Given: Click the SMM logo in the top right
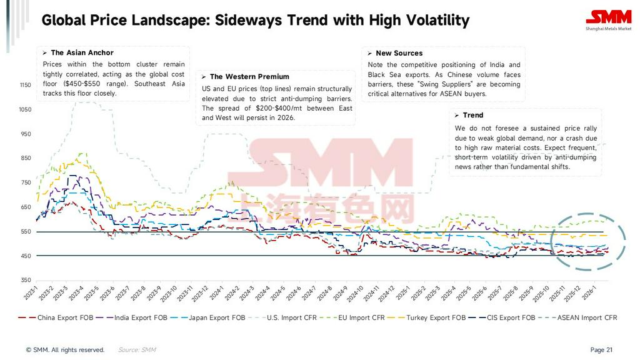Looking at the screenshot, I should pos(608,20).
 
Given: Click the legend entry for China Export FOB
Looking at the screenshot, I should pos(65,317).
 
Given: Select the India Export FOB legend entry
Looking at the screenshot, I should pos(140,317).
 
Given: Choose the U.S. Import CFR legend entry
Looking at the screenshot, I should pos(292,317).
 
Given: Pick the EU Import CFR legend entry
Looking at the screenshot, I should pos(360,317).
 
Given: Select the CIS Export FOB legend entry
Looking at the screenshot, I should pos(510,317).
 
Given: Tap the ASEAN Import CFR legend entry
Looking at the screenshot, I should pos(586,317).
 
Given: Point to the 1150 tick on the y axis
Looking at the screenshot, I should pos(25,85).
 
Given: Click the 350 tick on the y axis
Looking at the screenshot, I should pos(25,281).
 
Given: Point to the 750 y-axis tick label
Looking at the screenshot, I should pos(25,182).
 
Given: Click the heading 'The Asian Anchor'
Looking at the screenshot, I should pos(82,53).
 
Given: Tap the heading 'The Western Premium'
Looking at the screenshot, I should pos(249,77).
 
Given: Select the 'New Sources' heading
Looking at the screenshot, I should pos(399,54).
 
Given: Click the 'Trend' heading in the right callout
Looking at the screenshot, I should pos(472,116).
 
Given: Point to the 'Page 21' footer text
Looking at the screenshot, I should pos(601,350).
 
